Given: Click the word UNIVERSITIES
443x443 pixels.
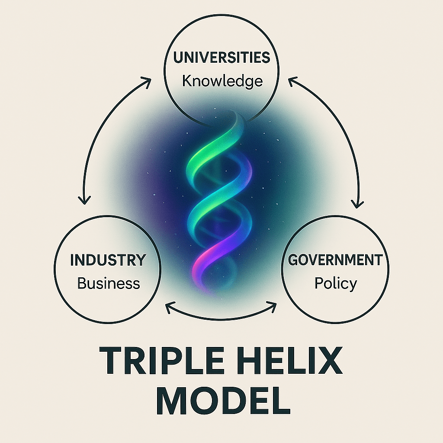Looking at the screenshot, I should click(221, 58).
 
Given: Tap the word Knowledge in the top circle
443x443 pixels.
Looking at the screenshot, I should click(222, 80).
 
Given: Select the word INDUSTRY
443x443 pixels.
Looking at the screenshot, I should click(108, 260).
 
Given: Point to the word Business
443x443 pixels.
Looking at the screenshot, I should click(109, 283).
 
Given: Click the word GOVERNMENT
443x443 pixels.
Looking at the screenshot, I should click(335, 260).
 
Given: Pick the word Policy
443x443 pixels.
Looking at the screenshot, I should click(336, 284).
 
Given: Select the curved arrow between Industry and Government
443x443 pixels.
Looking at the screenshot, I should click(221, 319).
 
